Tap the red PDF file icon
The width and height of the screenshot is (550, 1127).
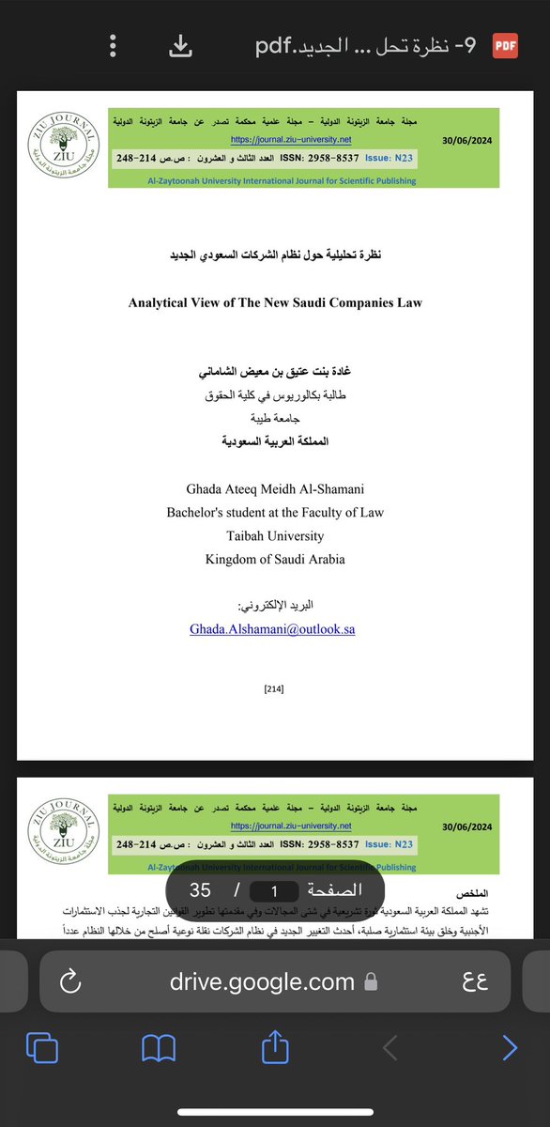[505, 45]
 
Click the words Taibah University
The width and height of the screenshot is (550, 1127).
[275, 535]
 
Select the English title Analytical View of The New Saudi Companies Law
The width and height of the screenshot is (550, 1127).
[275, 302]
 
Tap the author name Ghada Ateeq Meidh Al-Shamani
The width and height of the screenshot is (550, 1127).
[275, 490]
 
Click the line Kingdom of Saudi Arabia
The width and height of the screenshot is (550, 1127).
[275, 559]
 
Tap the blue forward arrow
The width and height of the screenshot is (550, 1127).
[509, 1047]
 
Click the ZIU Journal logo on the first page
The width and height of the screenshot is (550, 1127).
[60, 146]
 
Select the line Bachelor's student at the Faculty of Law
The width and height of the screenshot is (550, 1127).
[275, 513]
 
